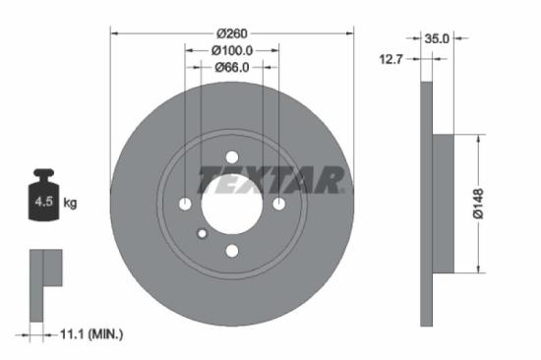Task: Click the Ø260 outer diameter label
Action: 231,31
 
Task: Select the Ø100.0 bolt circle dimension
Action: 231,50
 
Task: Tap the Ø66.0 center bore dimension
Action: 231,67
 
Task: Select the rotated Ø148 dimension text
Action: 476,204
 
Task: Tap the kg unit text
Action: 70,204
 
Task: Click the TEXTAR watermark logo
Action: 271,181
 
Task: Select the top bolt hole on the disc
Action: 231,157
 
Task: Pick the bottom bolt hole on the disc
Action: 231,251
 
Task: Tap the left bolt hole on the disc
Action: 185,204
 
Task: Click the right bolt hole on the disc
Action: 278,204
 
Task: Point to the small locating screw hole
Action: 202,233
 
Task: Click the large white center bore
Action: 231,205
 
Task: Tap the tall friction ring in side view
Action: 426,204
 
